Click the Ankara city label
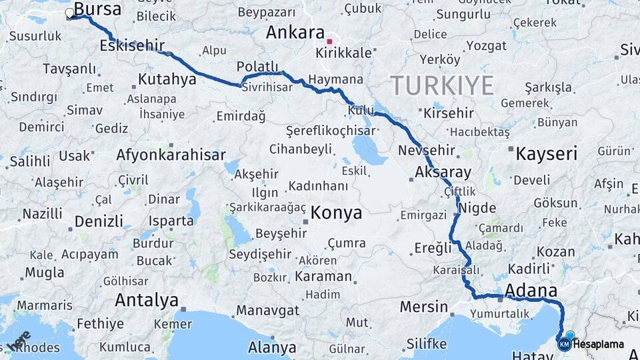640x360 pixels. point(295,32)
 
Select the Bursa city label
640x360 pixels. point(98,9)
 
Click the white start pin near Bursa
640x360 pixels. point(70,13)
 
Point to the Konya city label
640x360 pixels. point(337,213)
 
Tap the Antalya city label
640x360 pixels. point(147,300)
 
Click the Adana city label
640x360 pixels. point(531,291)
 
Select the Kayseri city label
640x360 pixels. point(546,154)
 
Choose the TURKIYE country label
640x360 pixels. point(442,85)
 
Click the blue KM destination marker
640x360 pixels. point(565,344)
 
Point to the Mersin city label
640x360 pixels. point(424,307)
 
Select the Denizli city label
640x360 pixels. point(99,221)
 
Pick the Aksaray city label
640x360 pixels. point(443,172)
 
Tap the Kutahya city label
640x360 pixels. point(167,80)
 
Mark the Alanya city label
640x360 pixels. point(272,347)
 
